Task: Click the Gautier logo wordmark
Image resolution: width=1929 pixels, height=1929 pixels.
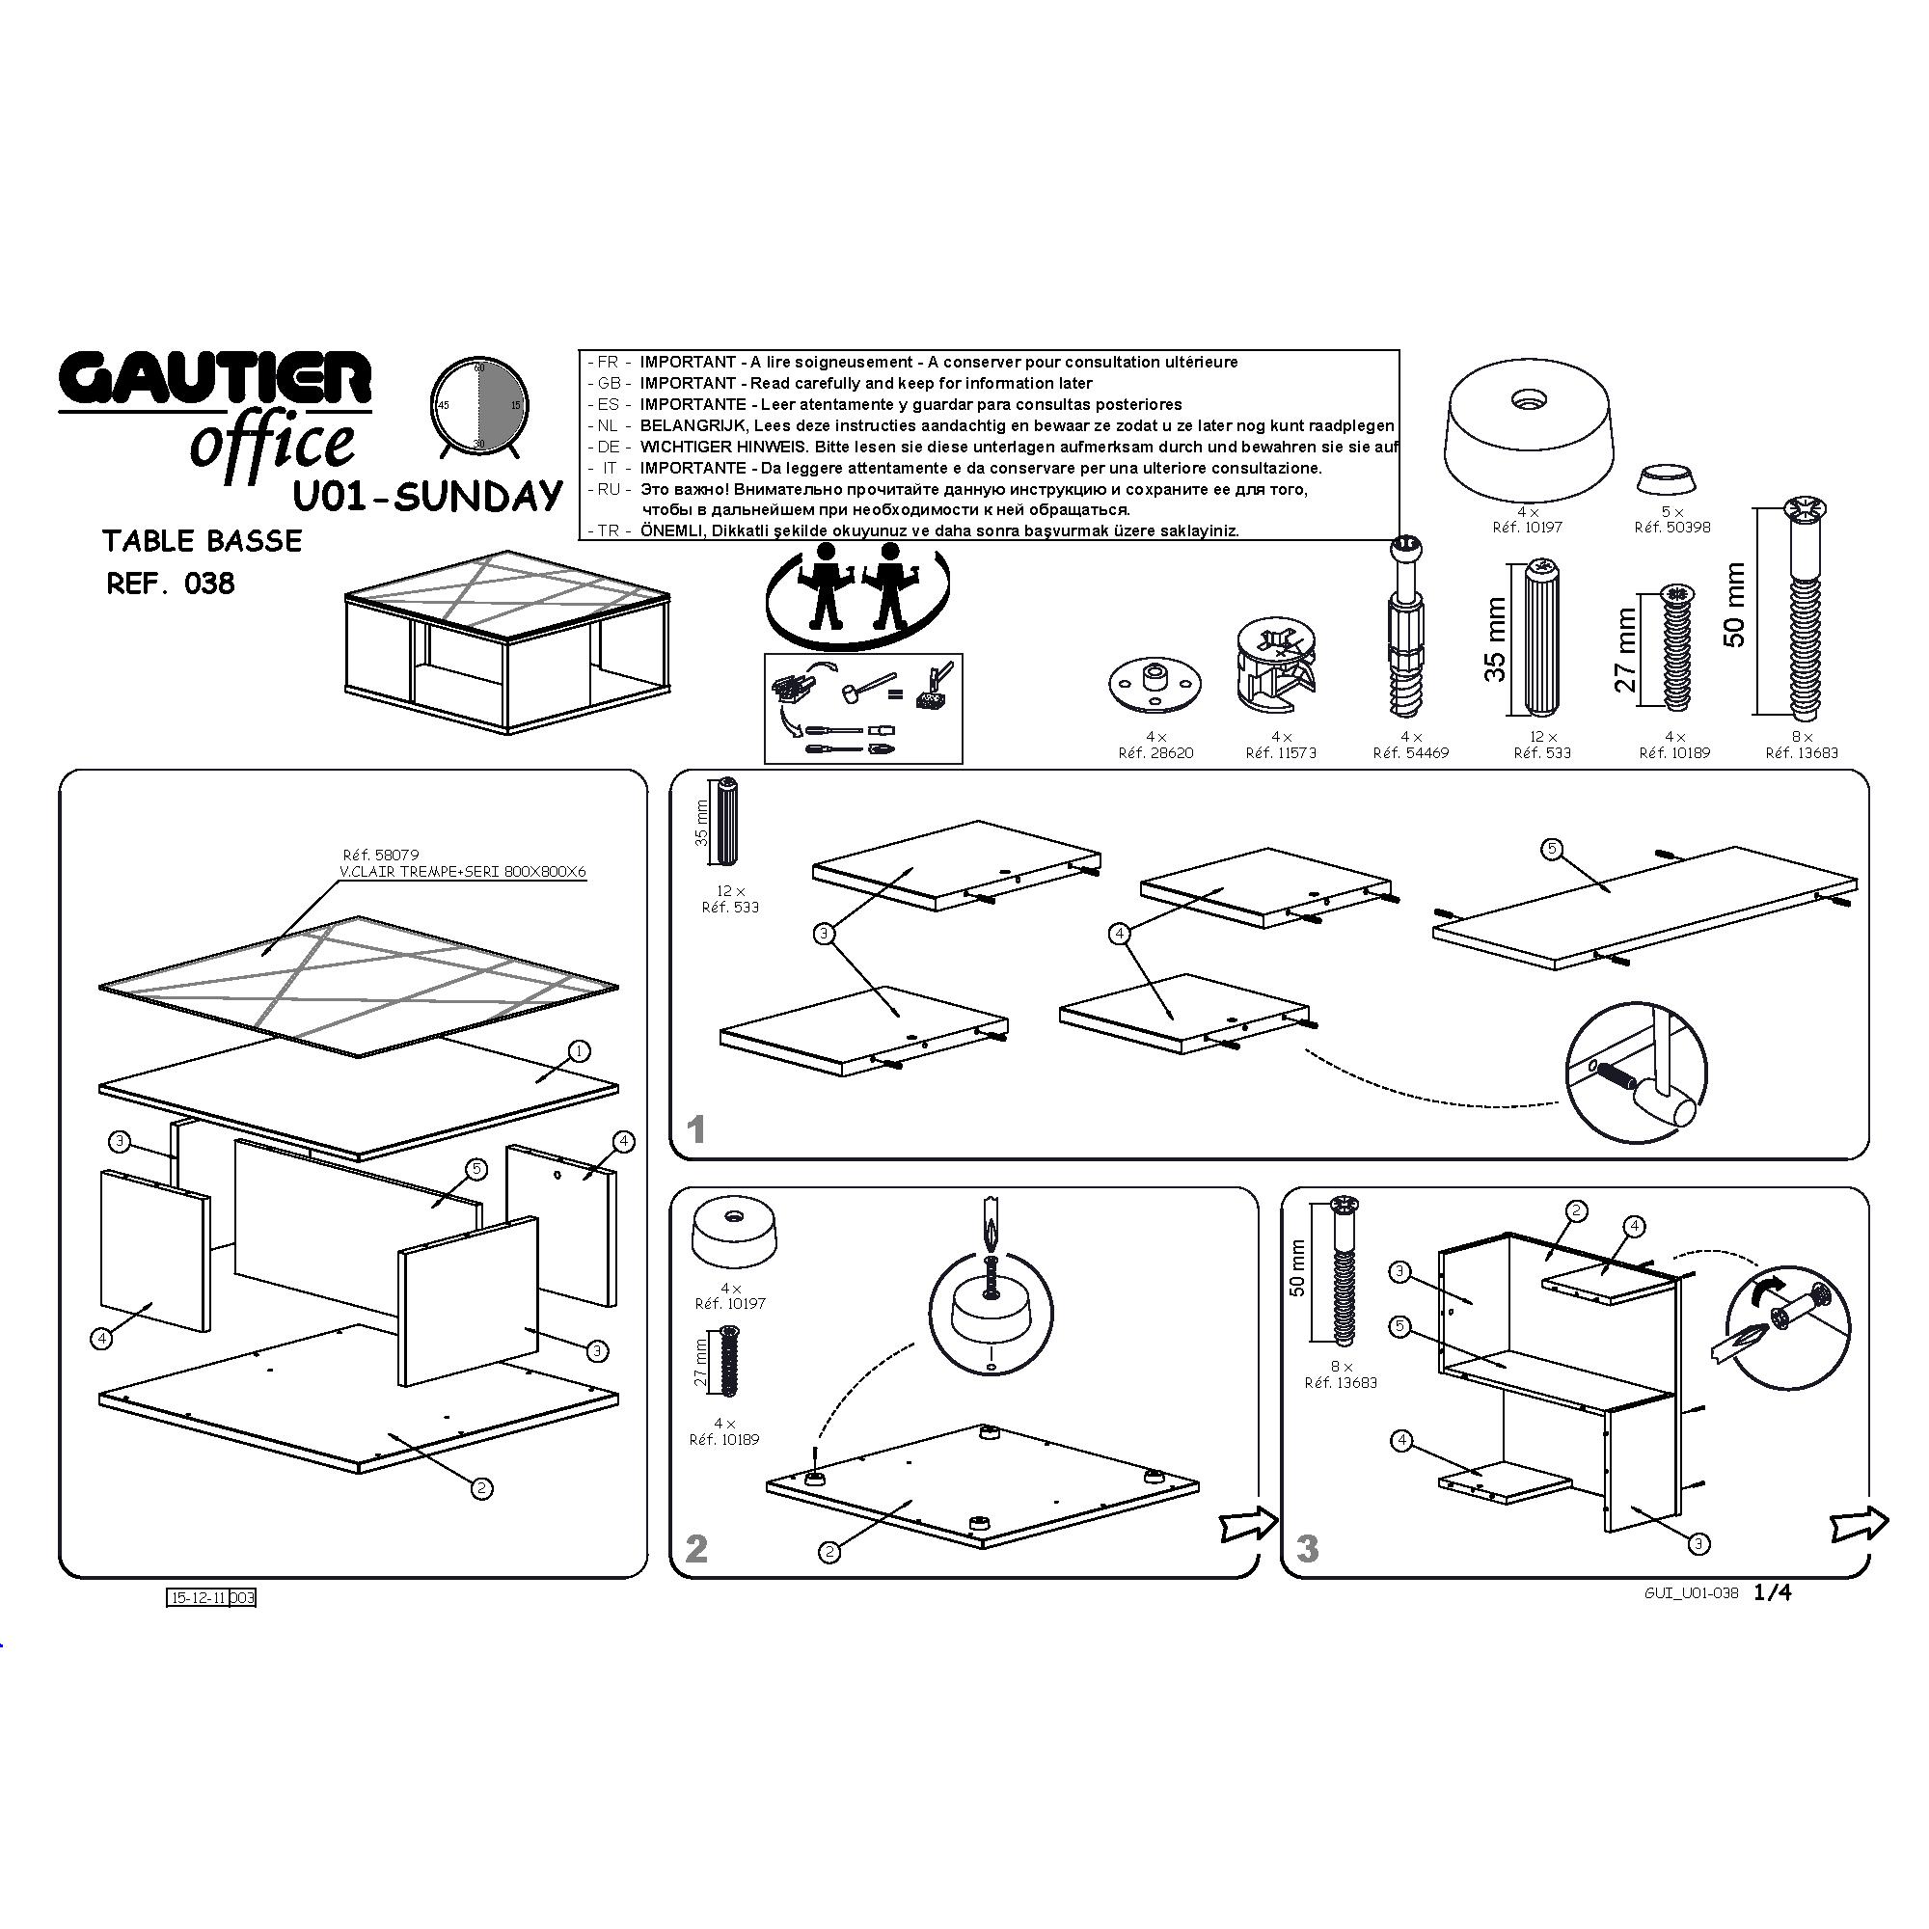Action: (215, 379)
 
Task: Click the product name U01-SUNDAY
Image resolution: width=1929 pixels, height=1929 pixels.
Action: (428, 495)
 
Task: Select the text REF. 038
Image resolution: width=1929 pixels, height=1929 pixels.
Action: (171, 584)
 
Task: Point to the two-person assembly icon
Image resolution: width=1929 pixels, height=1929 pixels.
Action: (856, 595)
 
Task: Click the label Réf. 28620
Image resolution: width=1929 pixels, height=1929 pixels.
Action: (1156, 753)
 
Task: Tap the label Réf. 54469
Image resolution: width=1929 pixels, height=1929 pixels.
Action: (1411, 753)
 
